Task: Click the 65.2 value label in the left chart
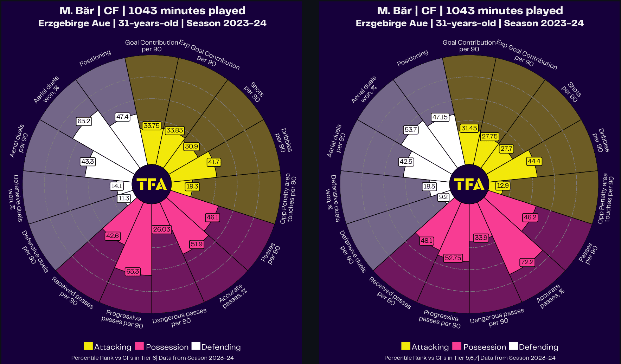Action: (84, 121)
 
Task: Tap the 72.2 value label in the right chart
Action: (527, 262)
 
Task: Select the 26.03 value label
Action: (162, 229)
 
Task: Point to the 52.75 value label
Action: (453, 258)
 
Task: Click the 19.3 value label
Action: (192, 186)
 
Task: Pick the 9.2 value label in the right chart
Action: (443, 197)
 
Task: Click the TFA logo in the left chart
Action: (152, 184)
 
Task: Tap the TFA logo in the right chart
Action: (469, 184)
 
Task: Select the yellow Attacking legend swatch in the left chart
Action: (88, 346)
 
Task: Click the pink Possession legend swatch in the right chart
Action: (456, 346)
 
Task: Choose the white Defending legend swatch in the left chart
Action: (196, 346)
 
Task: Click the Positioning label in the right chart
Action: (412, 58)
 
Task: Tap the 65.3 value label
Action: (133, 272)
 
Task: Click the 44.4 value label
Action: (534, 161)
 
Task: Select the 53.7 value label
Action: (410, 130)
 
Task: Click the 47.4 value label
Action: (122, 117)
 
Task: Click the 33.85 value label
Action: (175, 130)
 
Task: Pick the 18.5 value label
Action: (429, 186)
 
